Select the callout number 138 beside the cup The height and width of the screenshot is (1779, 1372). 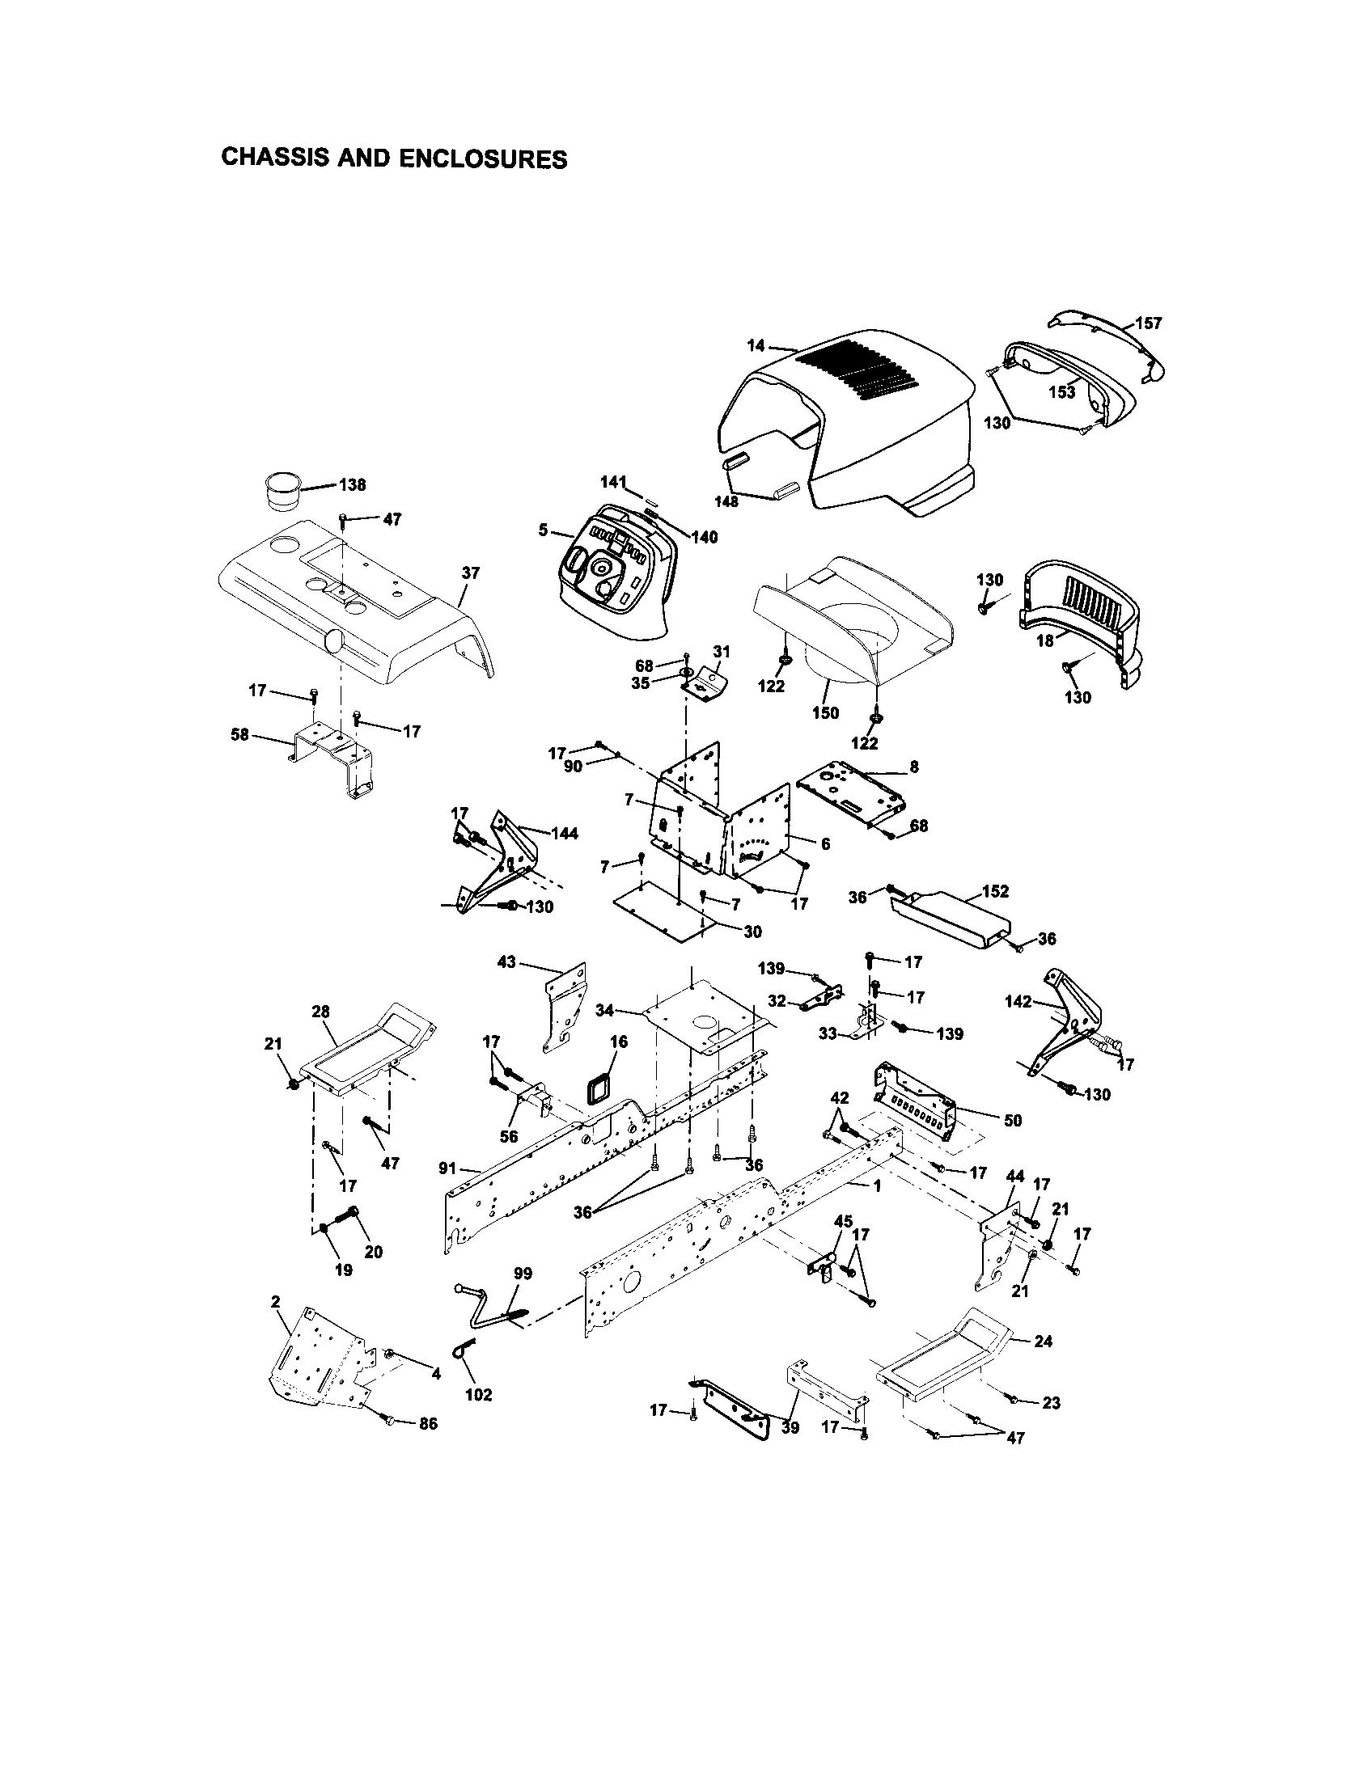pos(352,485)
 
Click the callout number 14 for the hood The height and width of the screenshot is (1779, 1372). pos(756,345)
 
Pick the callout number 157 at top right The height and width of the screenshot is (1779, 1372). pos(1148,323)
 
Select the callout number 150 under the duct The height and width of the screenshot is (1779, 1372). pos(824,712)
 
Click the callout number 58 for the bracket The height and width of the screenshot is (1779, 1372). pos(239,735)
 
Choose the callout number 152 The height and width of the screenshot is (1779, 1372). pos(995,892)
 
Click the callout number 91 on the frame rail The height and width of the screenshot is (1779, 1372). pos(447,1169)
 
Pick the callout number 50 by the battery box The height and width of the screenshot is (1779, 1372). pos(1012,1121)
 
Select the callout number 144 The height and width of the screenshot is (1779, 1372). pos(564,833)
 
